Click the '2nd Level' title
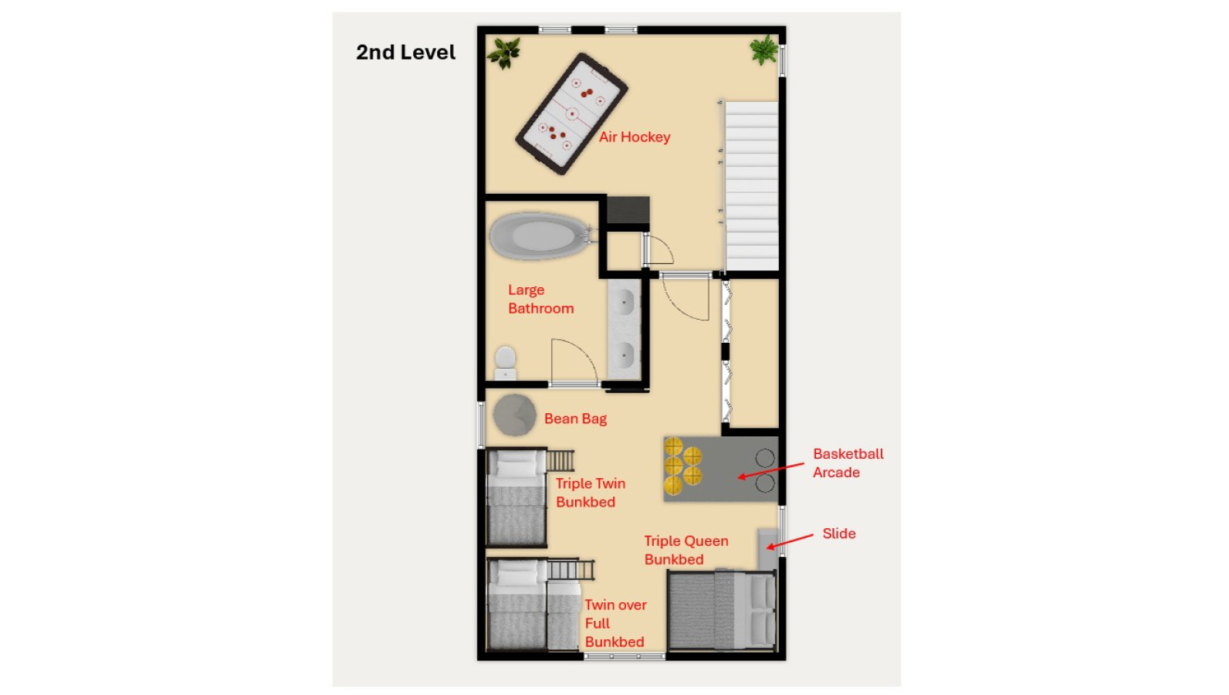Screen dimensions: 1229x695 tap(405, 53)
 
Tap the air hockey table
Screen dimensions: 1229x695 tap(572, 114)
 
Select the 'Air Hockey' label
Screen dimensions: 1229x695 tap(635, 137)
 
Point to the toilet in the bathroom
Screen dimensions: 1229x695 tap(506, 363)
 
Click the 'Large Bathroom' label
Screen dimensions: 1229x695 tap(540, 299)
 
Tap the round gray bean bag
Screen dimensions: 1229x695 tap(514, 415)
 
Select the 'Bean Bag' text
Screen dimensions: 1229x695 tap(576, 419)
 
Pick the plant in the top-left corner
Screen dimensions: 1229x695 tap(503, 53)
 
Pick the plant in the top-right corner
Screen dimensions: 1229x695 tap(763, 50)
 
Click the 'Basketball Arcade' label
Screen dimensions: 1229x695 tap(848, 463)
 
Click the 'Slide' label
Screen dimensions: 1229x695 tap(839, 534)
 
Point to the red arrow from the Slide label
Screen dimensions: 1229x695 tap(790, 541)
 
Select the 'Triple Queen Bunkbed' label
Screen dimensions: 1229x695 tap(686, 550)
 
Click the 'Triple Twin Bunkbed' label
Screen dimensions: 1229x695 tap(591, 493)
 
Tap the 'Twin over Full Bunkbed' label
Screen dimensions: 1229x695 tap(615, 623)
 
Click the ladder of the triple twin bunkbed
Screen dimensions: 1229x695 tap(560, 460)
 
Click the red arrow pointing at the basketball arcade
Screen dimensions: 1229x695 tap(771, 471)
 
